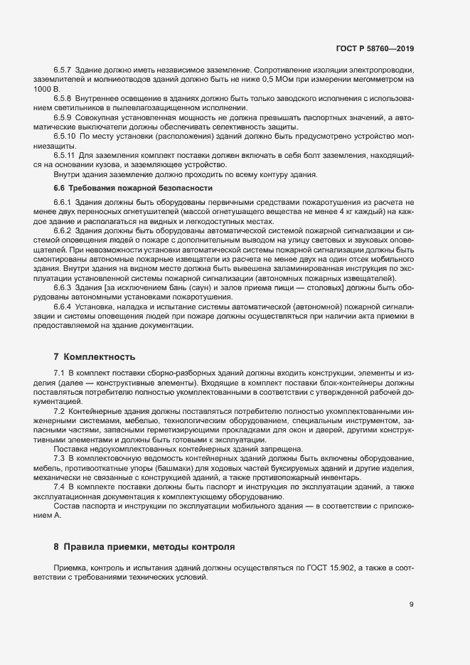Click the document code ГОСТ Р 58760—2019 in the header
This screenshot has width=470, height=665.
click(x=374, y=48)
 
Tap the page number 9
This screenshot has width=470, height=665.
click(x=412, y=605)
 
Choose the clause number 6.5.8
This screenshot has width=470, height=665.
click(x=63, y=98)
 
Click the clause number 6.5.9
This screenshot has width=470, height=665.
click(x=63, y=117)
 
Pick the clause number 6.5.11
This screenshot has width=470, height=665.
click(x=65, y=154)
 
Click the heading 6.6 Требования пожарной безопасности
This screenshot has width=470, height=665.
click(x=133, y=188)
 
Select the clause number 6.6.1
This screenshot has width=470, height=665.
click(x=63, y=203)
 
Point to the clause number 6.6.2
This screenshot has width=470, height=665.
click(x=63, y=231)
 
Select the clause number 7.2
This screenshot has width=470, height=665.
click(x=60, y=412)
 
